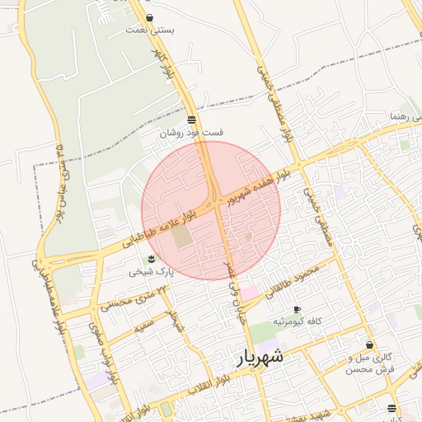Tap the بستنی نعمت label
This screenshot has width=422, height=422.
click(x=150, y=30)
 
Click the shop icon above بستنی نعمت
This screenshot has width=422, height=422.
click(x=149, y=17)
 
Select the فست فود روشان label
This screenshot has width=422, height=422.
click(x=191, y=132)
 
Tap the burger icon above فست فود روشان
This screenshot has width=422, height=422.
click(x=191, y=120)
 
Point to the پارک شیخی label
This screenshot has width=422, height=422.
click(x=150, y=271)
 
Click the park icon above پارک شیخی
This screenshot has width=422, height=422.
click(x=149, y=260)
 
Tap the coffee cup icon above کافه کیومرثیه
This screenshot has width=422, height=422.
click(x=297, y=309)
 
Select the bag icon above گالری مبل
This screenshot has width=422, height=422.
click(x=369, y=345)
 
